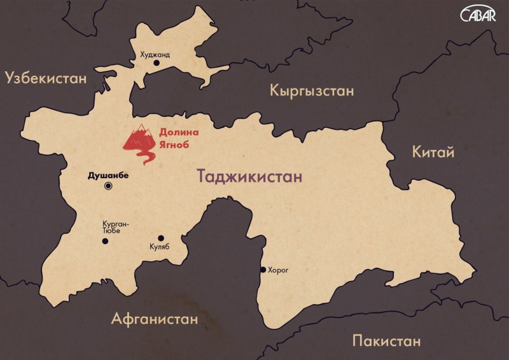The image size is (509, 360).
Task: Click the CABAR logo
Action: pyautogui.click(x=478, y=15)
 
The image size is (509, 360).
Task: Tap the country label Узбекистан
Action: pyautogui.click(x=45, y=78)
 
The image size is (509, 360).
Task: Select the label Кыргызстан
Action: pyautogui.click(x=311, y=90)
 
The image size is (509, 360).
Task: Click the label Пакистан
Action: pyautogui.click(x=386, y=341)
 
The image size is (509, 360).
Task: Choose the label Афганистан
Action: pyautogui.click(x=154, y=318)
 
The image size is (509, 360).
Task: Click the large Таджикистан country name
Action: pyautogui.click(x=249, y=176)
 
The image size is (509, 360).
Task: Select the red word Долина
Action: pyautogui.click(x=179, y=133)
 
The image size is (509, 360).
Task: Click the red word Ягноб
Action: pyautogui.click(x=174, y=145)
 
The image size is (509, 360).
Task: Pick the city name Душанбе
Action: pyautogui.click(x=108, y=172)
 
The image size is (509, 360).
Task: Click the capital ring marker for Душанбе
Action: pyautogui.click(x=108, y=186)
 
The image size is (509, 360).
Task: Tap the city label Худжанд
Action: pyautogui.click(x=155, y=55)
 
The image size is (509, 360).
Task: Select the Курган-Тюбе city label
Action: pyautogui.click(x=116, y=228)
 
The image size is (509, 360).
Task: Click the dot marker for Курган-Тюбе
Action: pyautogui.click(x=105, y=241)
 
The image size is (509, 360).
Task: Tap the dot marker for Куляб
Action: pyautogui.click(x=161, y=238)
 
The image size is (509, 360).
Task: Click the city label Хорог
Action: pyautogui.click(x=279, y=270)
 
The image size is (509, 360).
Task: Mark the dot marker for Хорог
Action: pyautogui.click(x=263, y=270)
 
